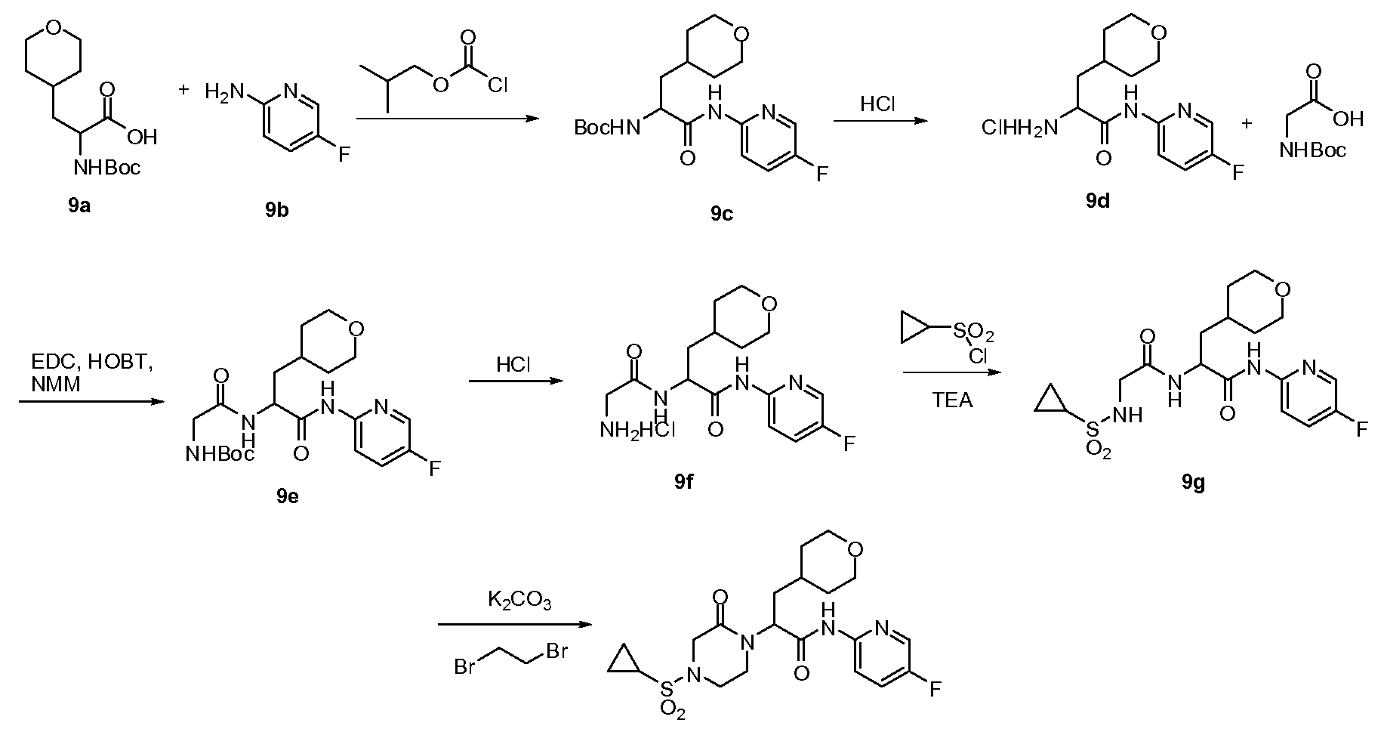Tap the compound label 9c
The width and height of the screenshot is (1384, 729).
[722, 215]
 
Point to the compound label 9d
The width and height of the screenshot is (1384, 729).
[1098, 201]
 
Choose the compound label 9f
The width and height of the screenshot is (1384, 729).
[685, 482]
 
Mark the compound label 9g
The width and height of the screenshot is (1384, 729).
[1192, 483]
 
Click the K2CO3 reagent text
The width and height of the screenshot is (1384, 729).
[519, 601]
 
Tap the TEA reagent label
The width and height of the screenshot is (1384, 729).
[953, 400]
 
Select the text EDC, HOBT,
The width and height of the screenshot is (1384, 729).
[92, 363]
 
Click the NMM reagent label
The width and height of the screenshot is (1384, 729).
[57, 385]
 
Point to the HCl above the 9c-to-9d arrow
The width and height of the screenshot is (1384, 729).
[877, 104]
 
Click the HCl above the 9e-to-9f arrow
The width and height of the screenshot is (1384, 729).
[513, 365]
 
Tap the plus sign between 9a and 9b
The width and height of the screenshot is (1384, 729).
[183, 90]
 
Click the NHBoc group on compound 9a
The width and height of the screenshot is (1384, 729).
[107, 167]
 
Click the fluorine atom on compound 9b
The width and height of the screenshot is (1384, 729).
[344, 155]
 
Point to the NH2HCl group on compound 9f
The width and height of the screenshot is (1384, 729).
[639, 431]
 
